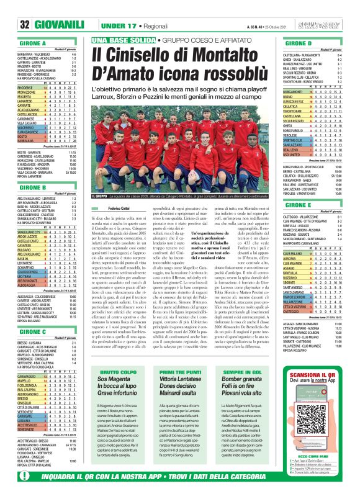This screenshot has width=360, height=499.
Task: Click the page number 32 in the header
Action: pyautogui.click(x=10, y=25)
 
